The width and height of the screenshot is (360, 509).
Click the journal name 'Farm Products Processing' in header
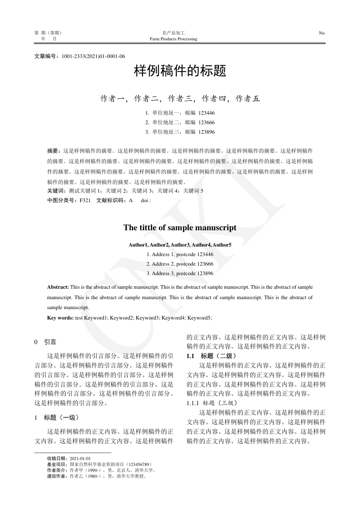click(x=173, y=39)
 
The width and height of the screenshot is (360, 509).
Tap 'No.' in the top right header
click(x=322, y=33)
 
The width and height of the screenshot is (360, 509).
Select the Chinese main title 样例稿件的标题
click(x=180, y=72)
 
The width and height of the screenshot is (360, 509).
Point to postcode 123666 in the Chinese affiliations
click(x=206, y=122)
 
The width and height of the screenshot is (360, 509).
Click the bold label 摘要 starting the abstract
click(x=53, y=150)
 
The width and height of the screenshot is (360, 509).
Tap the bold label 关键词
click(x=56, y=191)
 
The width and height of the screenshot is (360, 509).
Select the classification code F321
click(x=85, y=200)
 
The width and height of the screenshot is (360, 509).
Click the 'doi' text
click(x=145, y=200)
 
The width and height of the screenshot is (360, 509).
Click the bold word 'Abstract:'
click(x=58, y=287)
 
